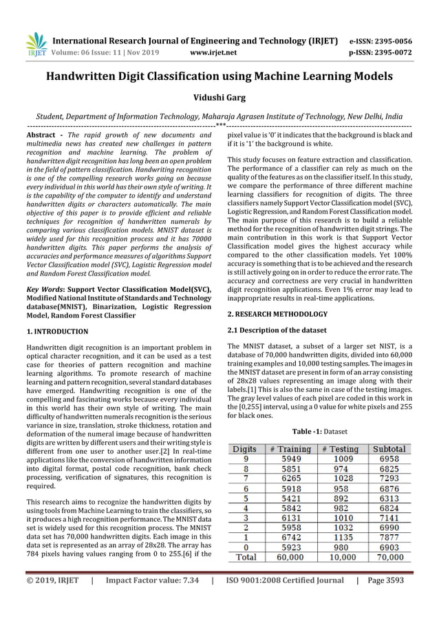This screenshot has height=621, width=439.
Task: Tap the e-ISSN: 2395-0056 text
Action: coord(392,41)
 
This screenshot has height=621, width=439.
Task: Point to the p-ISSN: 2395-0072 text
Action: coord(392,52)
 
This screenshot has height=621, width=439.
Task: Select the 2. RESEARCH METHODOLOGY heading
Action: coord(277,314)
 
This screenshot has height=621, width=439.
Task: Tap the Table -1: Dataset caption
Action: coord(321,432)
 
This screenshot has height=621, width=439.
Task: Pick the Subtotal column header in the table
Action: coord(389,449)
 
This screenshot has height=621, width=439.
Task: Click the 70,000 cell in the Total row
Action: coord(389,557)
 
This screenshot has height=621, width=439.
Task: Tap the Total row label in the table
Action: coord(246,557)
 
